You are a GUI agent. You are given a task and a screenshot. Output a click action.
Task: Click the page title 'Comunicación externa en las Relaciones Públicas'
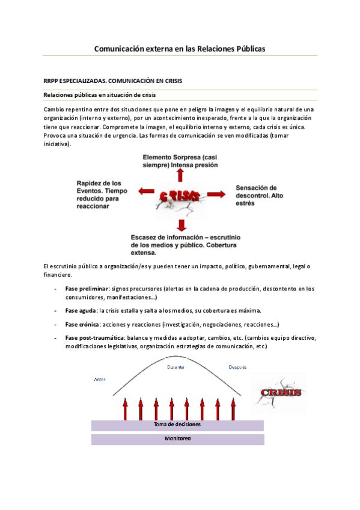click(180, 48)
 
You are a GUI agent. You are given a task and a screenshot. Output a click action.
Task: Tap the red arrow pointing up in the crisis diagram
click(178, 175)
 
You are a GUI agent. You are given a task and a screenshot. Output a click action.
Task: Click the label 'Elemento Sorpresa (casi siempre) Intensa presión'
click(180, 161)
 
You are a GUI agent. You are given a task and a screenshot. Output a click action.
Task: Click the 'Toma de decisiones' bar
click(177, 425)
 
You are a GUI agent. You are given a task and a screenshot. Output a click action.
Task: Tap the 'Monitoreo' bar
click(177, 439)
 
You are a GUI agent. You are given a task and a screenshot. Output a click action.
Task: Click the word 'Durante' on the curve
click(175, 367)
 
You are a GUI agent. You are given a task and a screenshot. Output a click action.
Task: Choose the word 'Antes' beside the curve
click(100, 379)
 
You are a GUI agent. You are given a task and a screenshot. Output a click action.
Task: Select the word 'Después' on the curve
click(237, 367)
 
